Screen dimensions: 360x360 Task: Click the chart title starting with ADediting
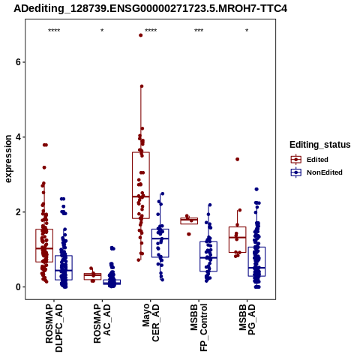pos(150,8)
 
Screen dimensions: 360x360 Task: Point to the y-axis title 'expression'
pos(8,159)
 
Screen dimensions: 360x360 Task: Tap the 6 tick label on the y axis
pos(18,62)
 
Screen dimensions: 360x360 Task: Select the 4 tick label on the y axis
pos(18,137)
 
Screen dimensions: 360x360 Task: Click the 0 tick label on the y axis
pos(18,287)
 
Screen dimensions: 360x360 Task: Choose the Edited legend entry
pos(310,160)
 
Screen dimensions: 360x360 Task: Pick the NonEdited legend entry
pos(316,172)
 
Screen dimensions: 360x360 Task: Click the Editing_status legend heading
pos(320,145)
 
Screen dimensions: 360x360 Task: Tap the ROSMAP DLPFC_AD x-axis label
pos(54,328)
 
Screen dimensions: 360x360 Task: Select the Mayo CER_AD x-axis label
pos(151,322)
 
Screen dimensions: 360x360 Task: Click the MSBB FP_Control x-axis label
pos(199,328)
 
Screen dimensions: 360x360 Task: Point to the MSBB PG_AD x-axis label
pos(247,319)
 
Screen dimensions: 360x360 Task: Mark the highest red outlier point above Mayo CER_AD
pos(141,35)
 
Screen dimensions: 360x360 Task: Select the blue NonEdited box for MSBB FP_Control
pos(208,256)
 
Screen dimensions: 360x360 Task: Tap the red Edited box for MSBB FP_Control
pos(189,220)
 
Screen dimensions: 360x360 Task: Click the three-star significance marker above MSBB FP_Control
pos(199,31)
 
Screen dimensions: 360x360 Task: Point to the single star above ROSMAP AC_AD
pos(102,31)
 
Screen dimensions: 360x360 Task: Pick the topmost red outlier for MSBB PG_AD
pos(238,159)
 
